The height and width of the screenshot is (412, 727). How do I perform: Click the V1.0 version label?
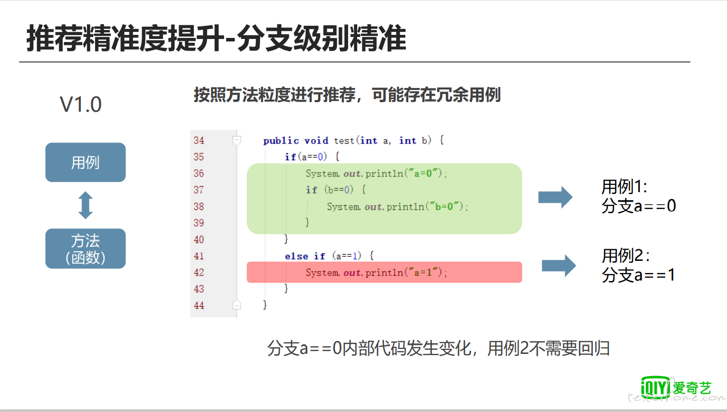pos(80,105)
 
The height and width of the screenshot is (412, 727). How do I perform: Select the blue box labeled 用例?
pos(85,162)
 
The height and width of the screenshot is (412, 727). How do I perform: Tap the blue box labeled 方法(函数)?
pos(85,249)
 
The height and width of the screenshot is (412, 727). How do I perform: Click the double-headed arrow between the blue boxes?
pos(85,205)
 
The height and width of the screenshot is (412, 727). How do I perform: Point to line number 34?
pos(199,141)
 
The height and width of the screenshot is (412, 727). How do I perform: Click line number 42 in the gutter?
pos(199,272)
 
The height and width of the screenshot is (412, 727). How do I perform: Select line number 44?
pos(199,305)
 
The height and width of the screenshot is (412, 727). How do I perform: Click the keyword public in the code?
pos(281,141)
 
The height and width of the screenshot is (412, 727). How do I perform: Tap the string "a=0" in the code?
pos(423,173)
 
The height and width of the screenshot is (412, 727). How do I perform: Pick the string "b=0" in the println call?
pos(444,206)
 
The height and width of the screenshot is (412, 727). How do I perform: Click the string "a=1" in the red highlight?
pos(423,272)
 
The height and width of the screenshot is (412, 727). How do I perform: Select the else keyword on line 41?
pos(296,256)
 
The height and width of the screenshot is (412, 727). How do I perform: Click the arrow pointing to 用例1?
pos(555,197)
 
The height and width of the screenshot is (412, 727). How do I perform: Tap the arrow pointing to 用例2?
pos(559,266)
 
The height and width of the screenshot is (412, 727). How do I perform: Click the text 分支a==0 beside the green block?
pos(639,206)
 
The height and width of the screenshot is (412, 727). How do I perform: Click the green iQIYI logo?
pos(656,387)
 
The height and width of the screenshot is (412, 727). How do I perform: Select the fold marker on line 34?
pos(237,141)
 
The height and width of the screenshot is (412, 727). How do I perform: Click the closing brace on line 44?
pos(265,305)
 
